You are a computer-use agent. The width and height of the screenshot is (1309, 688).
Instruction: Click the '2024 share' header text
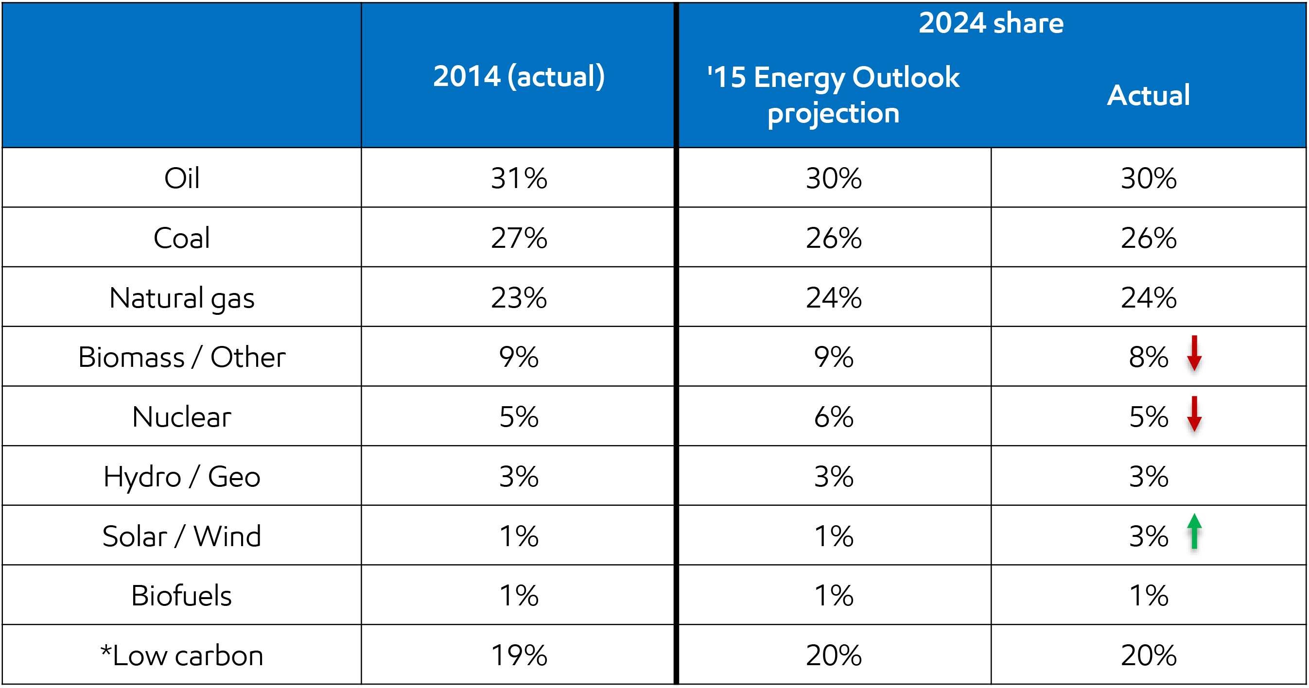click(x=991, y=23)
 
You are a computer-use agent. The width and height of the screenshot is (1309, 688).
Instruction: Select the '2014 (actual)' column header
click(x=518, y=76)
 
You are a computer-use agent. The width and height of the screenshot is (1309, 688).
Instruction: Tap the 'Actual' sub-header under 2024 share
click(x=1148, y=95)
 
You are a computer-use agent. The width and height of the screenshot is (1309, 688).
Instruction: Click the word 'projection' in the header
click(x=833, y=113)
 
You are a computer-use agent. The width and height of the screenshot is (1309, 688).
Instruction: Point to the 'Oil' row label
click(x=181, y=178)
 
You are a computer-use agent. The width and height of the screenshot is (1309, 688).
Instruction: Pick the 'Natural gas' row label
click(x=181, y=298)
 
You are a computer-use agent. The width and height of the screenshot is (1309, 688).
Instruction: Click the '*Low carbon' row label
click(x=181, y=655)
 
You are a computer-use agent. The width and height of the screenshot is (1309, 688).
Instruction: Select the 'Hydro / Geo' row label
click(x=181, y=477)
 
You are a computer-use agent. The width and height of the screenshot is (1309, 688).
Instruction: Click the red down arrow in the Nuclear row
click(x=1194, y=413)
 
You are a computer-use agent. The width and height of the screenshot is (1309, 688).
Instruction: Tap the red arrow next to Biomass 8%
click(x=1194, y=354)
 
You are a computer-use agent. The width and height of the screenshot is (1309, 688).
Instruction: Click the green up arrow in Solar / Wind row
click(x=1194, y=532)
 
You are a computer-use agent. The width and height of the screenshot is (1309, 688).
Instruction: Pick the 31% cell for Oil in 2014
click(x=518, y=178)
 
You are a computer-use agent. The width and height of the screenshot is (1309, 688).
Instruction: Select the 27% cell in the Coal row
click(x=518, y=238)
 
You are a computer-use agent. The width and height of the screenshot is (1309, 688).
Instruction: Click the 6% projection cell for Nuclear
click(x=833, y=417)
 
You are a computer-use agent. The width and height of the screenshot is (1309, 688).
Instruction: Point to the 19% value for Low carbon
click(x=518, y=655)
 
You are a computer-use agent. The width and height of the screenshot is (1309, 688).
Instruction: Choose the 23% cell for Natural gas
click(x=518, y=298)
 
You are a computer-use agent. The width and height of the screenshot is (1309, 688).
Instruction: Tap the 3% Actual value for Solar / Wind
click(x=1148, y=536)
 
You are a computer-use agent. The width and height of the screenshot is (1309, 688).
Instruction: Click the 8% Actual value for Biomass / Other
click(x=1148, y=357)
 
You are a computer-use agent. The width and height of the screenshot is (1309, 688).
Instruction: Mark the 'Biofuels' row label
click(x=181, y=596)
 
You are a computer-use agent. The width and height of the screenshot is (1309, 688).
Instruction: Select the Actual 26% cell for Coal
click(x=1148, y=238)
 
